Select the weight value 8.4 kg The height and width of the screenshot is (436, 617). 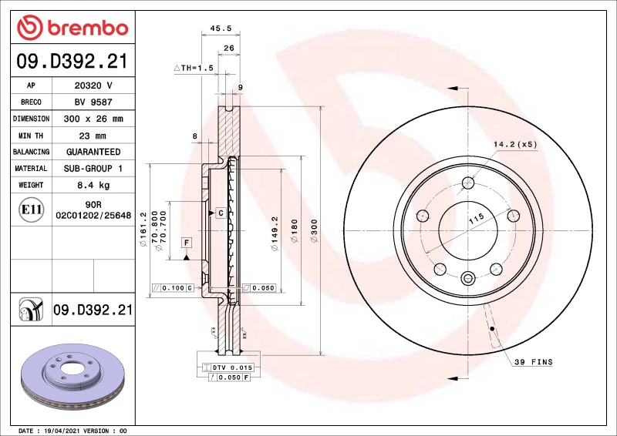94,185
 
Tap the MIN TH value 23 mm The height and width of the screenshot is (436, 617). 94,136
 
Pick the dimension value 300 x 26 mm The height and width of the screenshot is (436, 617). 94,119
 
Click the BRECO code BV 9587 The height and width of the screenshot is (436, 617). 94,102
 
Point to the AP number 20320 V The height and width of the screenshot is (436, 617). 94,85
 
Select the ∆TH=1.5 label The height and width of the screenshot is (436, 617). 193,69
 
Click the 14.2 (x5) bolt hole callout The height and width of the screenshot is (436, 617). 514,145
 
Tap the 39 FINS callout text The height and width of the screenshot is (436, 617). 534,361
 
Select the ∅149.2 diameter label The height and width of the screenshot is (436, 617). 274,233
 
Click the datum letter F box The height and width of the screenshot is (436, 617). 186,243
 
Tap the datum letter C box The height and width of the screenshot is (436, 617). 221,213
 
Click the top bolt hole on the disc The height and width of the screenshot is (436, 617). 468,183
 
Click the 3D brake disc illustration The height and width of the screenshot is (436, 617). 69,376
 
